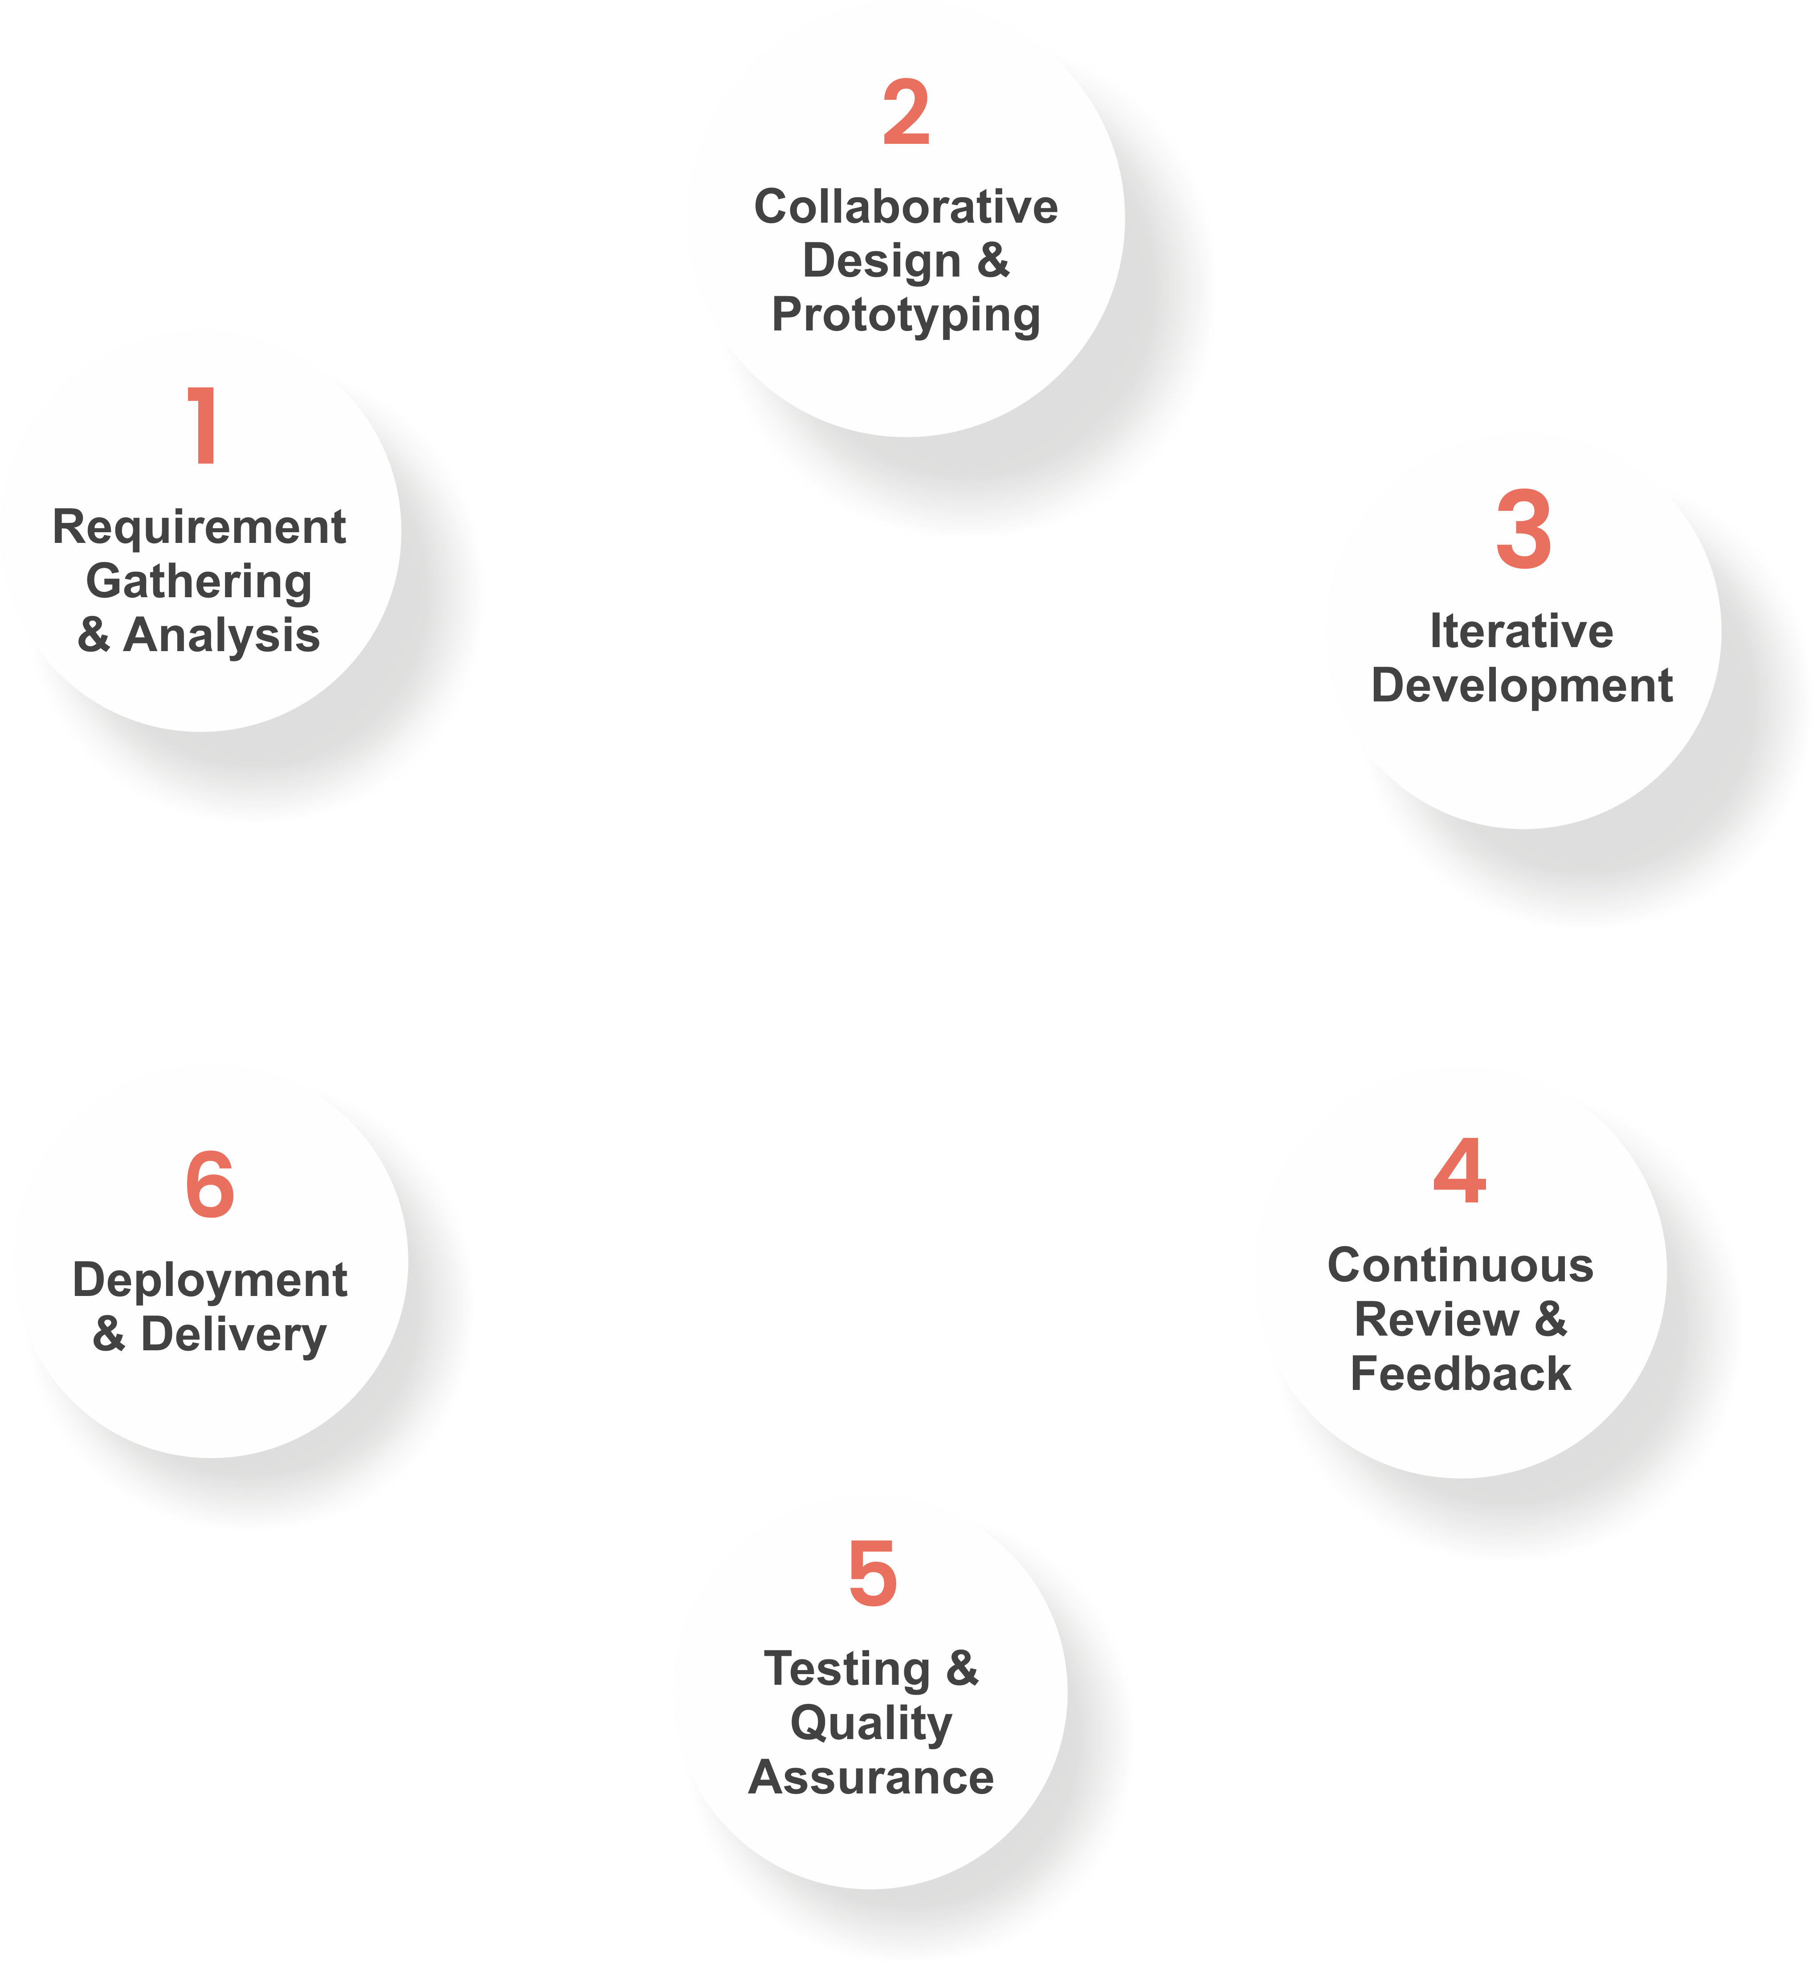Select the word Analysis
pos(222,636)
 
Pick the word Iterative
pos(1522,631)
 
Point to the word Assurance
pos(871,1777)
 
